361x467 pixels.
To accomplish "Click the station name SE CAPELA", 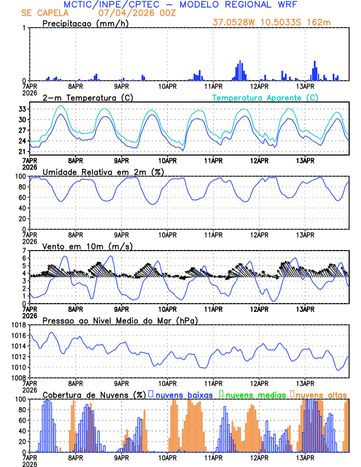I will tap(44, 12).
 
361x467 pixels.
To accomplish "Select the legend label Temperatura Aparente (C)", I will tap(265, 97).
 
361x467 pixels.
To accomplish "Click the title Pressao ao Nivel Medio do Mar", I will tap(120, 320).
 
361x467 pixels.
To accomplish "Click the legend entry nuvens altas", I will tap(320, 394).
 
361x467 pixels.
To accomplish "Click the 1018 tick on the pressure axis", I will tap(17, 325).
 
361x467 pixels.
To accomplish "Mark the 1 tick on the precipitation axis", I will tap(24, 28).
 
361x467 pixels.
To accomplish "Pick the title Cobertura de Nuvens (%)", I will tap(94, 394).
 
